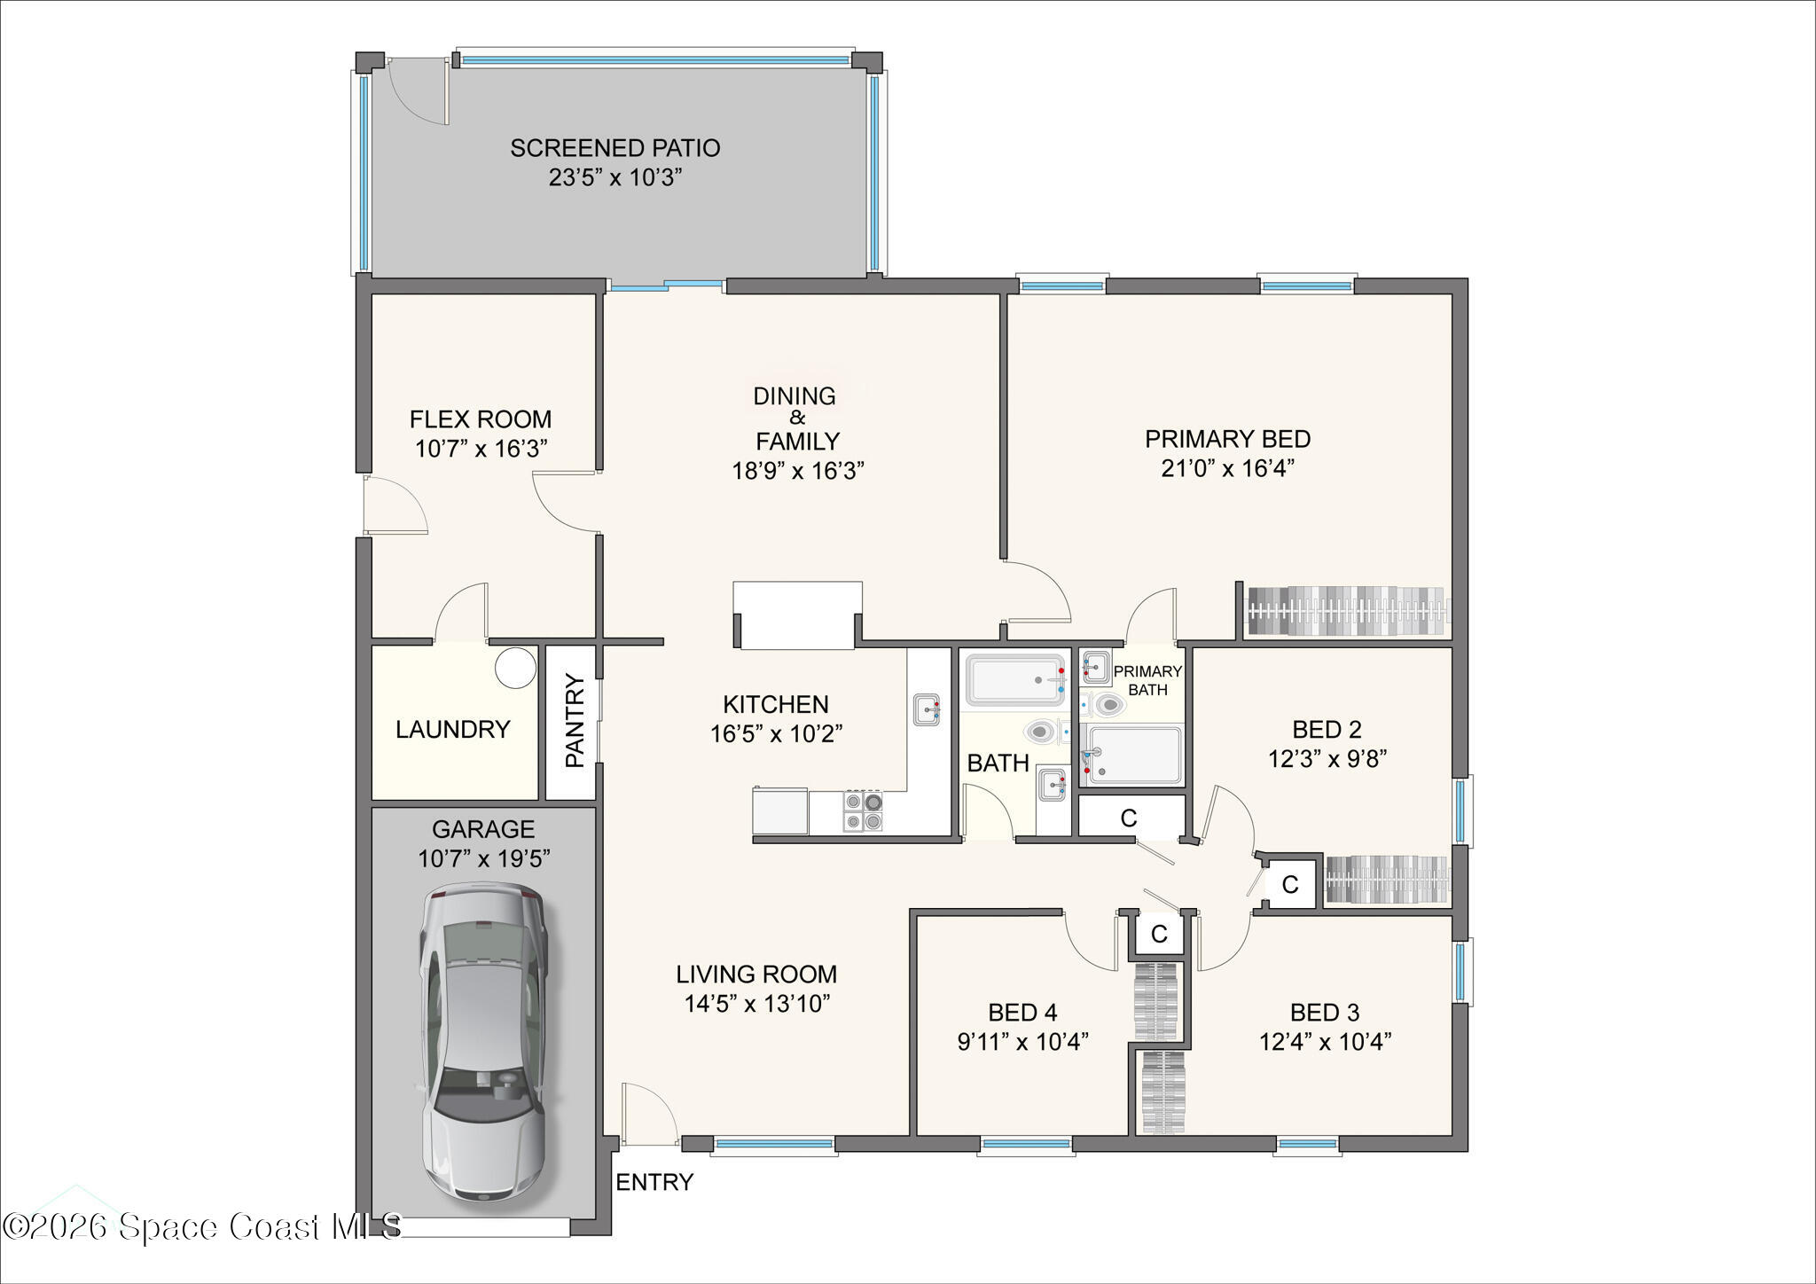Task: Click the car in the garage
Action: [483, 1042]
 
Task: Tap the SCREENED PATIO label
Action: [614, 148]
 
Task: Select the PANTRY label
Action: [575, 721]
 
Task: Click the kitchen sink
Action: [927, 709]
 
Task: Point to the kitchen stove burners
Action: [862, 811]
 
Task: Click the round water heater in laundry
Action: [515, 667]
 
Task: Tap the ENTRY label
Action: [654, 1182]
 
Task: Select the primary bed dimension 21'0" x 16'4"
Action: [1227, 468]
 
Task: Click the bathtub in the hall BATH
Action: [1015, 680]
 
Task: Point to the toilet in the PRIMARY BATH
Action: [1108, 706]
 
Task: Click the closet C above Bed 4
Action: [1158, 934]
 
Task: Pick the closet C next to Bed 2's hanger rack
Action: [1290, 884]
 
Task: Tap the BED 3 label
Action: [1324, 1012]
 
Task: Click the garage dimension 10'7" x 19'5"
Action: [484, 858]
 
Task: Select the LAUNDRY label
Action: [452, 730]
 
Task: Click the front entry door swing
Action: [648, 1113]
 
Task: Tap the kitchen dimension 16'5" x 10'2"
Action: [776, 734]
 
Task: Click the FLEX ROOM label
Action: [480, 419]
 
